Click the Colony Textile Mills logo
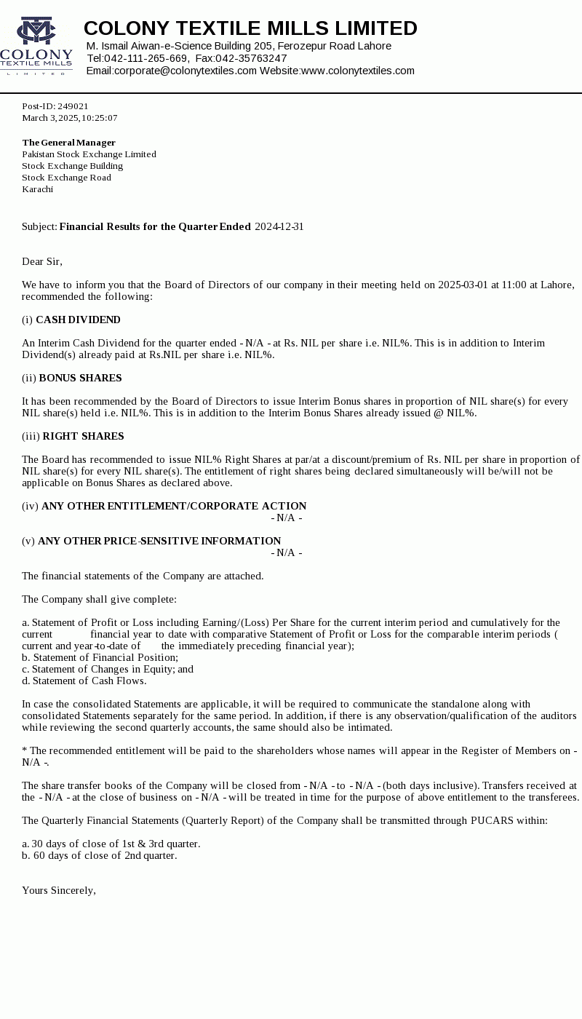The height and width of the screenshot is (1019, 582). tap(36, 46)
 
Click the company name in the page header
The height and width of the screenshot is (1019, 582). tap(250, 28)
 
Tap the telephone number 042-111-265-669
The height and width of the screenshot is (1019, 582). tap(145, 58)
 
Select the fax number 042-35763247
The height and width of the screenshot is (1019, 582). tap(251, 58)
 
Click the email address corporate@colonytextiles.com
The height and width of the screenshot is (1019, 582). tap(185, 71)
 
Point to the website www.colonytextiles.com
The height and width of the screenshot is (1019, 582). tap(357, 71)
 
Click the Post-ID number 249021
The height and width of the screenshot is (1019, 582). tap(73, 106)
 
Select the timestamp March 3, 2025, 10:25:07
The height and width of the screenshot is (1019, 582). tap(69, 118)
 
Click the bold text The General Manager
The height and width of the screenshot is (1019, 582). tap(68, 143)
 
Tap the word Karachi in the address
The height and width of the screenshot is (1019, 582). tap(37, 189)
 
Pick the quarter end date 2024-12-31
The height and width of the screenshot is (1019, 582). tap(279, 227)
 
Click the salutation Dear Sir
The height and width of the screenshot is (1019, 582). tap(41, 262)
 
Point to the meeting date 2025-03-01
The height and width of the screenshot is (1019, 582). tap(463, 285)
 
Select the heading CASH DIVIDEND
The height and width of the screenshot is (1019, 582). tap(78, 320)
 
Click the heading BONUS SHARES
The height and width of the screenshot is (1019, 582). tap(80, 378)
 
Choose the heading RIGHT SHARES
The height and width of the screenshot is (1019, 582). tap(83, 437)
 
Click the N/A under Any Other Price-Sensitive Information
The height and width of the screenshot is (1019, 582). tap(286, 553)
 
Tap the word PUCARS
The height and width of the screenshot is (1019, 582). tap(493, 821)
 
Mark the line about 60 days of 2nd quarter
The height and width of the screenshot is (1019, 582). tap(99, 856)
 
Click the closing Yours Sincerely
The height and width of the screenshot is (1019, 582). tap(58, 891)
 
